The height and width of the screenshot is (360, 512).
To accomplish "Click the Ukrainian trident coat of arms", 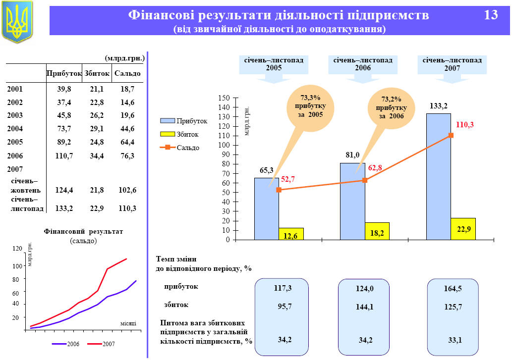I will (x=17, y=21).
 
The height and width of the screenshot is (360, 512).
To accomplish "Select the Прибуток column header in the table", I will (x=64, y=74).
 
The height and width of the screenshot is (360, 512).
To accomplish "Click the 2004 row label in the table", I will (x=15, y=129).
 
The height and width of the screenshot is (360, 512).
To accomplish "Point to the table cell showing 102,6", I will (x=127, y=190).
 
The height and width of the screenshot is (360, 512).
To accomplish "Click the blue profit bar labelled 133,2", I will (x=438, y=177).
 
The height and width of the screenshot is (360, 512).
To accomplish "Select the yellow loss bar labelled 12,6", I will (x=291, y=234).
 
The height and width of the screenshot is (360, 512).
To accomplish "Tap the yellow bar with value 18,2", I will (x=377, y=231).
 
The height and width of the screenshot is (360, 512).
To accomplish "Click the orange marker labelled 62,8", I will (x=365, y=180).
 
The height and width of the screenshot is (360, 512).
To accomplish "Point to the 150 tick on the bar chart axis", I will (x=225, y=98).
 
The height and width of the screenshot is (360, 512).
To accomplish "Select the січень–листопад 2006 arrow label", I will (x=363, y=64).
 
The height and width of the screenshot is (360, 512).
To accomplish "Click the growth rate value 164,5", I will (x=453, y=289).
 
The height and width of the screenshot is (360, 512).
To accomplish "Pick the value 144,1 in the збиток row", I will (x=364, y=307).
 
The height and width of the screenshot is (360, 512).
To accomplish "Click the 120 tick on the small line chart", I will (x=17, y=249).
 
